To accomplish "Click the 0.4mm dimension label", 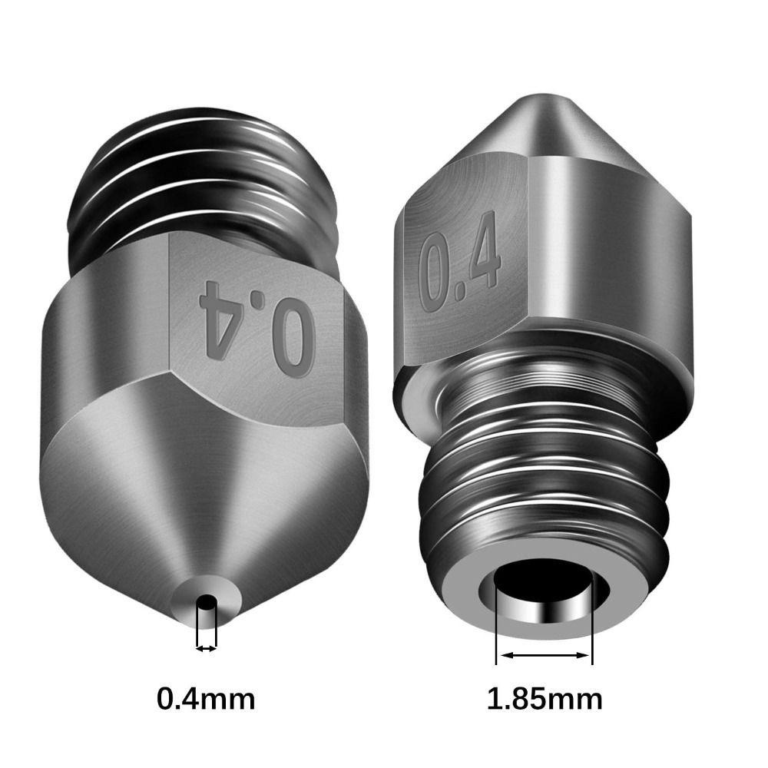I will [x=206, y=698].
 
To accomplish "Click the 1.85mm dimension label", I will [x=545, y=698].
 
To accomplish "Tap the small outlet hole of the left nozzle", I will [x=206, y=601].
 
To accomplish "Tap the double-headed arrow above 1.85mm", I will [x=545, y=656].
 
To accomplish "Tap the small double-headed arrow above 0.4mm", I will [x=206, y=649].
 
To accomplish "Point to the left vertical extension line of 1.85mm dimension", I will [x=497, y=622].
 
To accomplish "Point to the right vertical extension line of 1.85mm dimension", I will [x=593, y=622].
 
